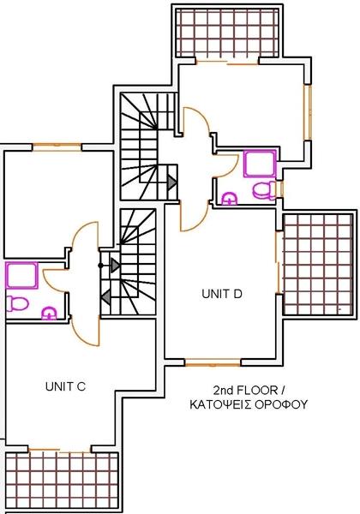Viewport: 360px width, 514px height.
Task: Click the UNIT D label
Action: click(x=222, y=294)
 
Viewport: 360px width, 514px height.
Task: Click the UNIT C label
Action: click(x=65, y=386)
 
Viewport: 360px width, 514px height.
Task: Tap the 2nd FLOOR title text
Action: click(x=249, y=390)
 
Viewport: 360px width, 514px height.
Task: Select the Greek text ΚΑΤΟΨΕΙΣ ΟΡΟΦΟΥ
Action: click(x=249, y=404)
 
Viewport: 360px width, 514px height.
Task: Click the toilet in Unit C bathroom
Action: click(x=17, y=303)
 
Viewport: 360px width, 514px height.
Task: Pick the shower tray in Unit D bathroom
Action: click(x=260, y=164)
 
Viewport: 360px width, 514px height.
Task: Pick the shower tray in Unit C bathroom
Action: click(x=21, y=275)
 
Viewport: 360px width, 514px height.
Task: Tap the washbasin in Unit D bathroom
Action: click(x=230, y=199)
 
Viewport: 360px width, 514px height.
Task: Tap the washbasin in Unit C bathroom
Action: click(x=49, y=313)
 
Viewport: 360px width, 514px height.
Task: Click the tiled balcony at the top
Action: click(x=227, y=33)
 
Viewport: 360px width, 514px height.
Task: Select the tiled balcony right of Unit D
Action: click(x=318, y=264)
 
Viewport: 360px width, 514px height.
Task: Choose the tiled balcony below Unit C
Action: click(x=62, y=481)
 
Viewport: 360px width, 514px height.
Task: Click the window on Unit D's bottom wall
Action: click(x=213, y=362)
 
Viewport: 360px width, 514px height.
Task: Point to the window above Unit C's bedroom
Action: click(x=57, y=146)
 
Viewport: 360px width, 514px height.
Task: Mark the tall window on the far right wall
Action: click(x=307, y=113)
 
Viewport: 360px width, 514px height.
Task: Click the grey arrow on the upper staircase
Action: click(x=171, y=182)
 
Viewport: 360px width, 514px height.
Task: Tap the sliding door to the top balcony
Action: click(x=227, y=63)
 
